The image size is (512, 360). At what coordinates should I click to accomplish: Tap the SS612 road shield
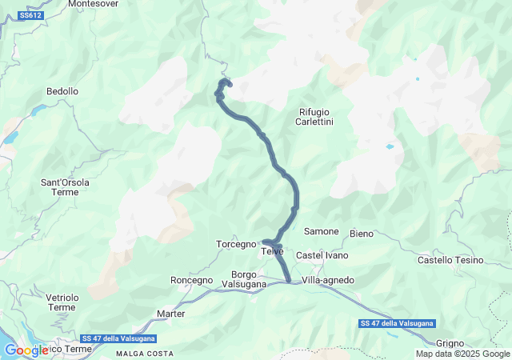pos(30,15)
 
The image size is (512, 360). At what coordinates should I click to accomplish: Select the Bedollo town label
pos(62,91)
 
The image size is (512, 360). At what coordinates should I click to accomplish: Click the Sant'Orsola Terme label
pos(66,187)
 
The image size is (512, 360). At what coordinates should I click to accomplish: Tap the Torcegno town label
pos(236,243)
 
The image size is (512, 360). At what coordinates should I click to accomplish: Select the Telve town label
pos(273,252)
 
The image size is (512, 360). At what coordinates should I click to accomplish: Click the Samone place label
pos(321,231)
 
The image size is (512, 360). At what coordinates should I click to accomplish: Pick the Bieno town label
pos(362,234)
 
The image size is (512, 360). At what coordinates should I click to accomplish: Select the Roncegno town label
pos(192,280)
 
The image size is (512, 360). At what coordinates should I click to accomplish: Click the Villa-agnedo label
pos(328,280)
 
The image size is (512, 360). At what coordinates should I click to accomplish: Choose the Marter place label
pos(171,314)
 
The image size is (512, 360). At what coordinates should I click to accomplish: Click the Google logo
pos(26,350)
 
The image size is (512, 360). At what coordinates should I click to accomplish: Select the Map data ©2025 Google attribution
pos(463,354)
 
